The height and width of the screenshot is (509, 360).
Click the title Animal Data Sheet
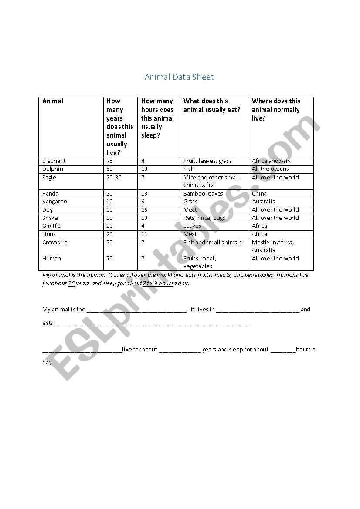[179, 77]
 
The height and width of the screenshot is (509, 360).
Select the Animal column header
[53, 101]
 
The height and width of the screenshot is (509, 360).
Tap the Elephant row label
[54, 161]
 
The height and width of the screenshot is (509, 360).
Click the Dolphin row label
[53, 169]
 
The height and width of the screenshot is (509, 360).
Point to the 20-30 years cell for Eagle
[114, 177]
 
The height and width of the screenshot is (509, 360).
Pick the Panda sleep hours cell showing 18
[145, 193]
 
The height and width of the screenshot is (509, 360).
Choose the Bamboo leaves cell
[203, 193]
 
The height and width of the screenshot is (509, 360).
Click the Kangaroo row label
[54, 201]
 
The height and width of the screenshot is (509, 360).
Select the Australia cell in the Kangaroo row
[264, 201]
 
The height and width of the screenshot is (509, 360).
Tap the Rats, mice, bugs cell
[204, 218]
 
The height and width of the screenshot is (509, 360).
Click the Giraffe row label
[51, 226]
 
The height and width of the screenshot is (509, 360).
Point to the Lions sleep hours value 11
[144, 234]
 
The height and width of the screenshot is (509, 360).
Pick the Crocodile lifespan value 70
[109, 242]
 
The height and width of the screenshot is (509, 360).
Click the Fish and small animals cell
[212, 242]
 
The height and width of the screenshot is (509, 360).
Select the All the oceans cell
[270, 169]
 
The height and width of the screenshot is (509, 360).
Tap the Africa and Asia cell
[271, 161]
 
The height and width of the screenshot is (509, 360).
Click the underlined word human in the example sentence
[96, 275]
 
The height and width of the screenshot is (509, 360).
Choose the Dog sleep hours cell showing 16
[145, 209]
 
